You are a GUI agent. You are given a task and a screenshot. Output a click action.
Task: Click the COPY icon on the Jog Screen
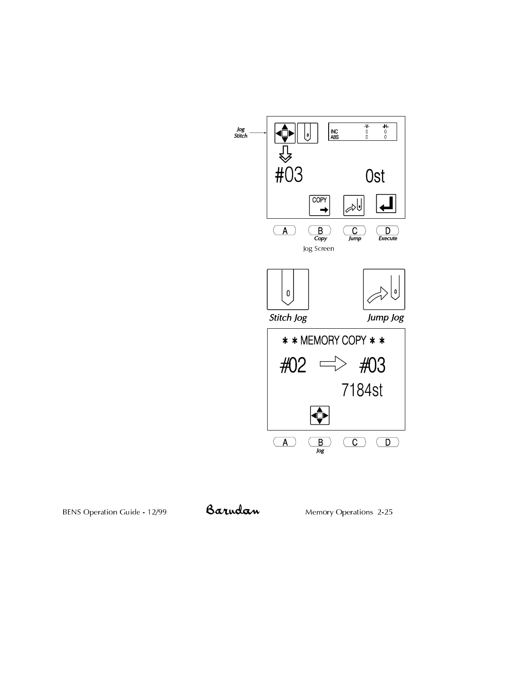(x=319, y=205)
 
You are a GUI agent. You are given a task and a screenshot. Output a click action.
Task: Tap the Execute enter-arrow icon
(x=386, y=204)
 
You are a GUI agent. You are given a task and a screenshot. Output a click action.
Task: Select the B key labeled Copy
(x=320, y=231)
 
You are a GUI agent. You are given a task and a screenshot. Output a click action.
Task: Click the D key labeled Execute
(x=388, y=231)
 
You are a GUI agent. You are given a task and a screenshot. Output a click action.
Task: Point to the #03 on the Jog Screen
(x=289, y=175)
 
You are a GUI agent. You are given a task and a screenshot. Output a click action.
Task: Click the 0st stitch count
(x=375, y=177)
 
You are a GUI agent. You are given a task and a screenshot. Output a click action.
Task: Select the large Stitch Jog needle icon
(x=288, y=289)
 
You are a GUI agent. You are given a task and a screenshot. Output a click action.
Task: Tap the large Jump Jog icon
(x=384, y=289)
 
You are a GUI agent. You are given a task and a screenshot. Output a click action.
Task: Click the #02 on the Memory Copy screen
(x=293, y=366)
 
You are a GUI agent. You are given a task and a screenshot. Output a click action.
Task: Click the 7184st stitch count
(x=362, y=390)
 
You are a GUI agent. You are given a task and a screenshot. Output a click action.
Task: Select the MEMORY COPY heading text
(x=333, y=341)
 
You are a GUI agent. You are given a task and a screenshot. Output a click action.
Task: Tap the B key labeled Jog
(x=320, y=442)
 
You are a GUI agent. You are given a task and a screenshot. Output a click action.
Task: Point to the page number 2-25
(x=385, y=512)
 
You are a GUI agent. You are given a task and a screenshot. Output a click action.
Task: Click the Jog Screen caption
(x=318, y=249)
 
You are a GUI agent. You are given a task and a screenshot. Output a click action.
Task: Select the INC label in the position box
(x=334, y=132)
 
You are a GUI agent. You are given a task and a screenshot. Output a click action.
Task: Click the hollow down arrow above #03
(x=285, y=154)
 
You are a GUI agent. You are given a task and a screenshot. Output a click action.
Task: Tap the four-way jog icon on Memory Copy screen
(x=320, y=415)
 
